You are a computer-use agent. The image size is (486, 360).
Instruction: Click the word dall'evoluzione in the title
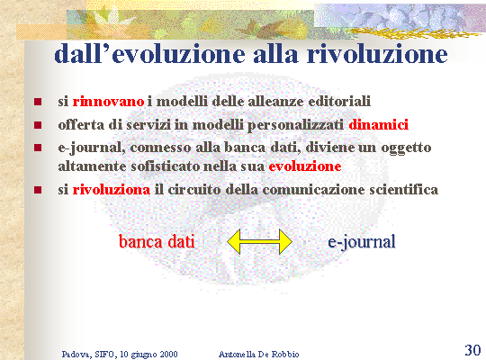[151, 54]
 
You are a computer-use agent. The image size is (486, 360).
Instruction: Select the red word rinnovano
[108, 102]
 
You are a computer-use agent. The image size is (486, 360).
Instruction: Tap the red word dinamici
[378, 125]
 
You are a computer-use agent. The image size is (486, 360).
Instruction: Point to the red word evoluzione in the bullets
[305, 166]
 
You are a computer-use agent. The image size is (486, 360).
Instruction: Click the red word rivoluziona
[112, 190]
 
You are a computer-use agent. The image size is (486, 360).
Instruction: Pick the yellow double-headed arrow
[260, 241]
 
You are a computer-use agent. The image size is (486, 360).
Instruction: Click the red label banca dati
[157, 241]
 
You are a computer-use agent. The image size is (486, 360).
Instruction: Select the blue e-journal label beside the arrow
[362, 242]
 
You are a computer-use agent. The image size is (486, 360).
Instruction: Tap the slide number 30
[472, 350]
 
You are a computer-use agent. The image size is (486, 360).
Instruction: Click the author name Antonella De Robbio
[259, 354]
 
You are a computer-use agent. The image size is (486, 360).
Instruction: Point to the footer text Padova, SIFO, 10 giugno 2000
[120, 355]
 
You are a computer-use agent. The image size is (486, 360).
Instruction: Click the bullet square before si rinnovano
[38, 102]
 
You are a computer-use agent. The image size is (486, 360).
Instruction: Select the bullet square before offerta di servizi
[38, 125]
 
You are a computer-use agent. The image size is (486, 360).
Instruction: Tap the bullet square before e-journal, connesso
[38, 148]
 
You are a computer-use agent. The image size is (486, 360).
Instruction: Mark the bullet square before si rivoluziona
[38, 190]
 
